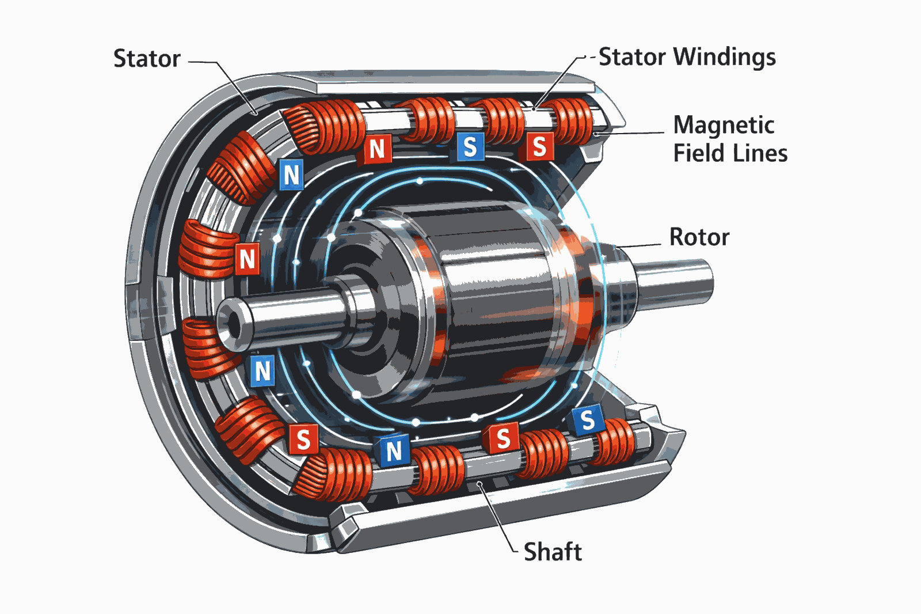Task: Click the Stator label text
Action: click(147, 59)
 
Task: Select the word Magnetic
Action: click(724, 125)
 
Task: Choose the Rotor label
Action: click(699, 237)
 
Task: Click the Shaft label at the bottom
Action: click(552, 551)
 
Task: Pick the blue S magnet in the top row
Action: click(470, 147)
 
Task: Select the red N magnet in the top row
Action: click(377, 149)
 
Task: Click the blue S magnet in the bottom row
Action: click(587, 420)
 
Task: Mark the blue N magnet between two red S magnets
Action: click(394, 451)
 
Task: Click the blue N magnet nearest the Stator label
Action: click(291, 174)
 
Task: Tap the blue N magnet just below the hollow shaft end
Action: click(262, 371)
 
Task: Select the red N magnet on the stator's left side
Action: click(248, 259)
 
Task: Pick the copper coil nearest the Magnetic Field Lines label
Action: click(573, 120)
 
